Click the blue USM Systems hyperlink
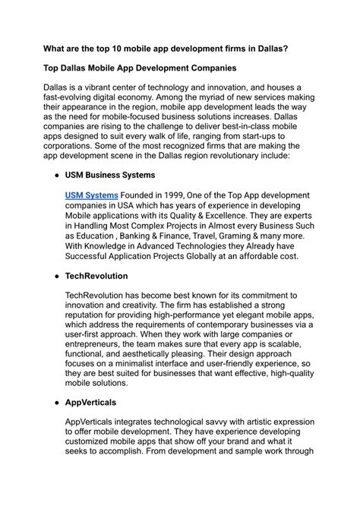click(92, 195)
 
